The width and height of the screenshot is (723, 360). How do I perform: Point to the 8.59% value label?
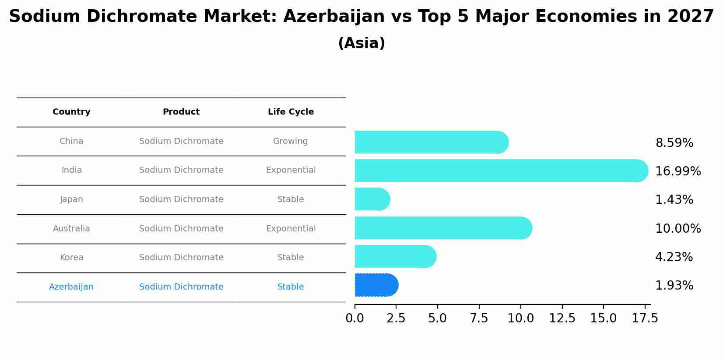pyautogui.click(x=674, y=143)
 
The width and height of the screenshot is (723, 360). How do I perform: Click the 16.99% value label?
pyautogui.click(x=677, y=171)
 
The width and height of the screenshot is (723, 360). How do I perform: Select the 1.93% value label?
pyautogui.click(x=674, y=286)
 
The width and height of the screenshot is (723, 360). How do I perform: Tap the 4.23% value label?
pyautogui.click(x=674, y=257)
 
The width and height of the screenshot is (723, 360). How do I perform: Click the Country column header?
pyautogui.click(x=71, y=112)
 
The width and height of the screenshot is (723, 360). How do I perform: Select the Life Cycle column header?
pyautogui.click(x=291, y=112)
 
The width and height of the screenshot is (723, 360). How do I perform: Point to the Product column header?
pyautogui.click(x=181, y=112)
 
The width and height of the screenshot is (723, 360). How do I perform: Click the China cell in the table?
pyautogui.click(x=71, y=141)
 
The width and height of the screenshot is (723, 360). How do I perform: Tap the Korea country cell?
pyautogui.click(x=71, y=258)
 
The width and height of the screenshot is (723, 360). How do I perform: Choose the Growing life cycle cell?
pyautogui.click(x=291, y=141)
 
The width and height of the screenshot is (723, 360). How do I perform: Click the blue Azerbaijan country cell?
pyautogui.click(x=71, y=287)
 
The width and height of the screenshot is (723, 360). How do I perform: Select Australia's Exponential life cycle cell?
pyautogui.click(x=291, y=229)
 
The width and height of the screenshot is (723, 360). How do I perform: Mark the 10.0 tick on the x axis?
pyautogui.click(x=520, y=318)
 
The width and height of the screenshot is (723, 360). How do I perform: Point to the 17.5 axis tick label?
pyautogui.click(x=645, y=318)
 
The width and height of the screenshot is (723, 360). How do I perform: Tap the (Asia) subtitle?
pyautogui.click(x=361, y=43)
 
